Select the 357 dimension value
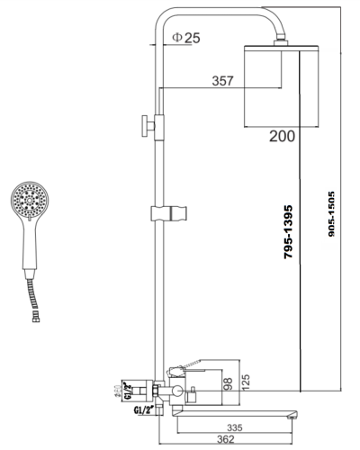click(224, 80)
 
